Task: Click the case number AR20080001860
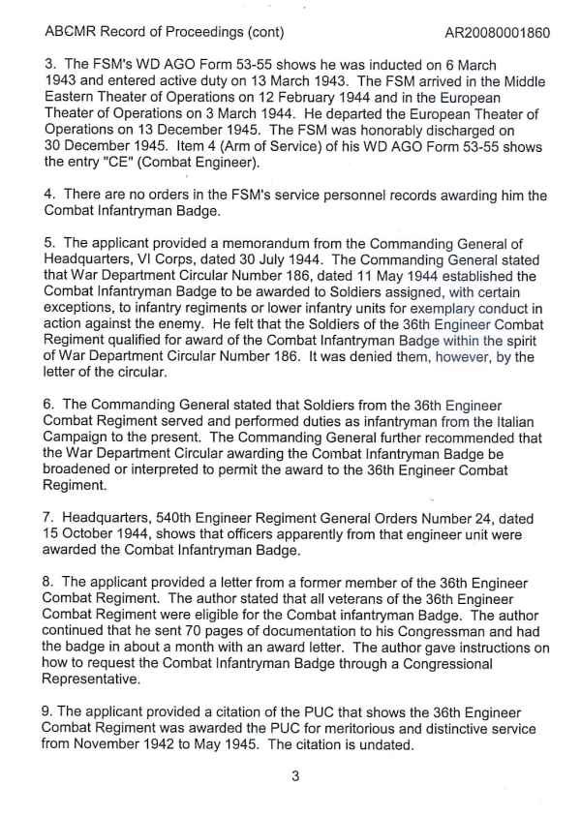pyautogui.click(x=498, y=32)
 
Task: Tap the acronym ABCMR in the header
pyautogui.click(x=69, y=32)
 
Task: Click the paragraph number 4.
pyautogui.click(x=50, y=196)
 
